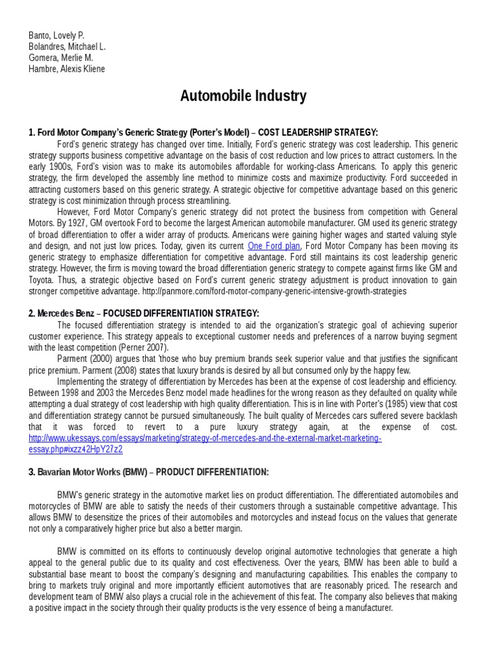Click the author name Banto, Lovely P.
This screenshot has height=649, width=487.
click(56, 35)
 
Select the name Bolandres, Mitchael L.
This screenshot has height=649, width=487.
click(67, 46)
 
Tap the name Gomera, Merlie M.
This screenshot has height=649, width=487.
click(61, 58)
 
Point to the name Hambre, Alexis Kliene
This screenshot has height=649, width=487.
click(67, 69)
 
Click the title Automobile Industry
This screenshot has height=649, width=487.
click(243, 96)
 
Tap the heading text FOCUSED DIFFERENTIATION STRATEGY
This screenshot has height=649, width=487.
click(181, 314)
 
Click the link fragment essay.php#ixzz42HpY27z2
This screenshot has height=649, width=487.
click(75, 450)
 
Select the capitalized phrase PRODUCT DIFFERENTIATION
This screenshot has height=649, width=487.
click(212, 473)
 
